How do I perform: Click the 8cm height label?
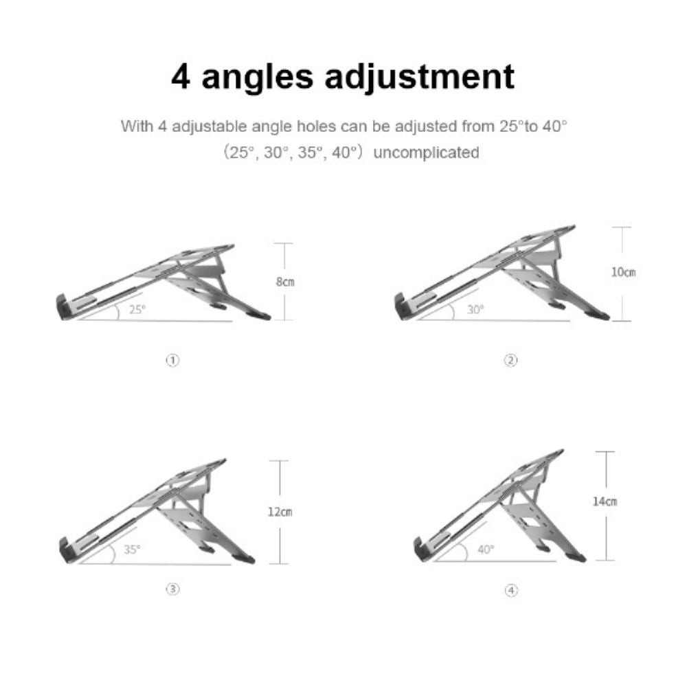point(286,282)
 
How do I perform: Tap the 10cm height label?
point(623,272)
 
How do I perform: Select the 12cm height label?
point(280,512)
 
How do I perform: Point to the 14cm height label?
point(605,502)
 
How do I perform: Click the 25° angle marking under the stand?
point(137,309)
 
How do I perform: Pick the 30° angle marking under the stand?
point(475,309)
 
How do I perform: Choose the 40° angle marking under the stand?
point(486,549)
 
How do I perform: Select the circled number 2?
point(510,360)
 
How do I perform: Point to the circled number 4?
point(510,590)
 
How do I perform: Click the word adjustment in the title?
point(419,77)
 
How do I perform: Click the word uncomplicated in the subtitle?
point(426,153)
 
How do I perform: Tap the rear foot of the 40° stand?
point(579,558)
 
